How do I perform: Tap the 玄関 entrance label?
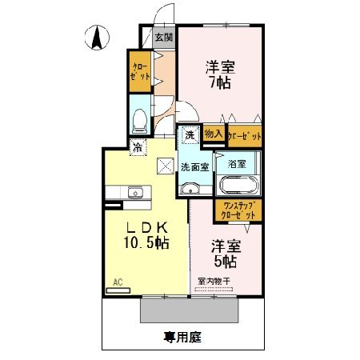tap(163, 37)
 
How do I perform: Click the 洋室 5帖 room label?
tap(226, 252)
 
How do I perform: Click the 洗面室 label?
tap(194, 167)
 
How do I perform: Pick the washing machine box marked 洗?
tap(190, 136)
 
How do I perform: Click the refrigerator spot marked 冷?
tap(138, 146)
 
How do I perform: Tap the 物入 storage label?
tap(213, 134)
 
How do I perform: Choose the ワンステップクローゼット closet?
tap(238, 210)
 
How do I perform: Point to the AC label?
tap(117, 282)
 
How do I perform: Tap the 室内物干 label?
tap(214, 281)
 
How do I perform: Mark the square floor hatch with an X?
tap(166, 166)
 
